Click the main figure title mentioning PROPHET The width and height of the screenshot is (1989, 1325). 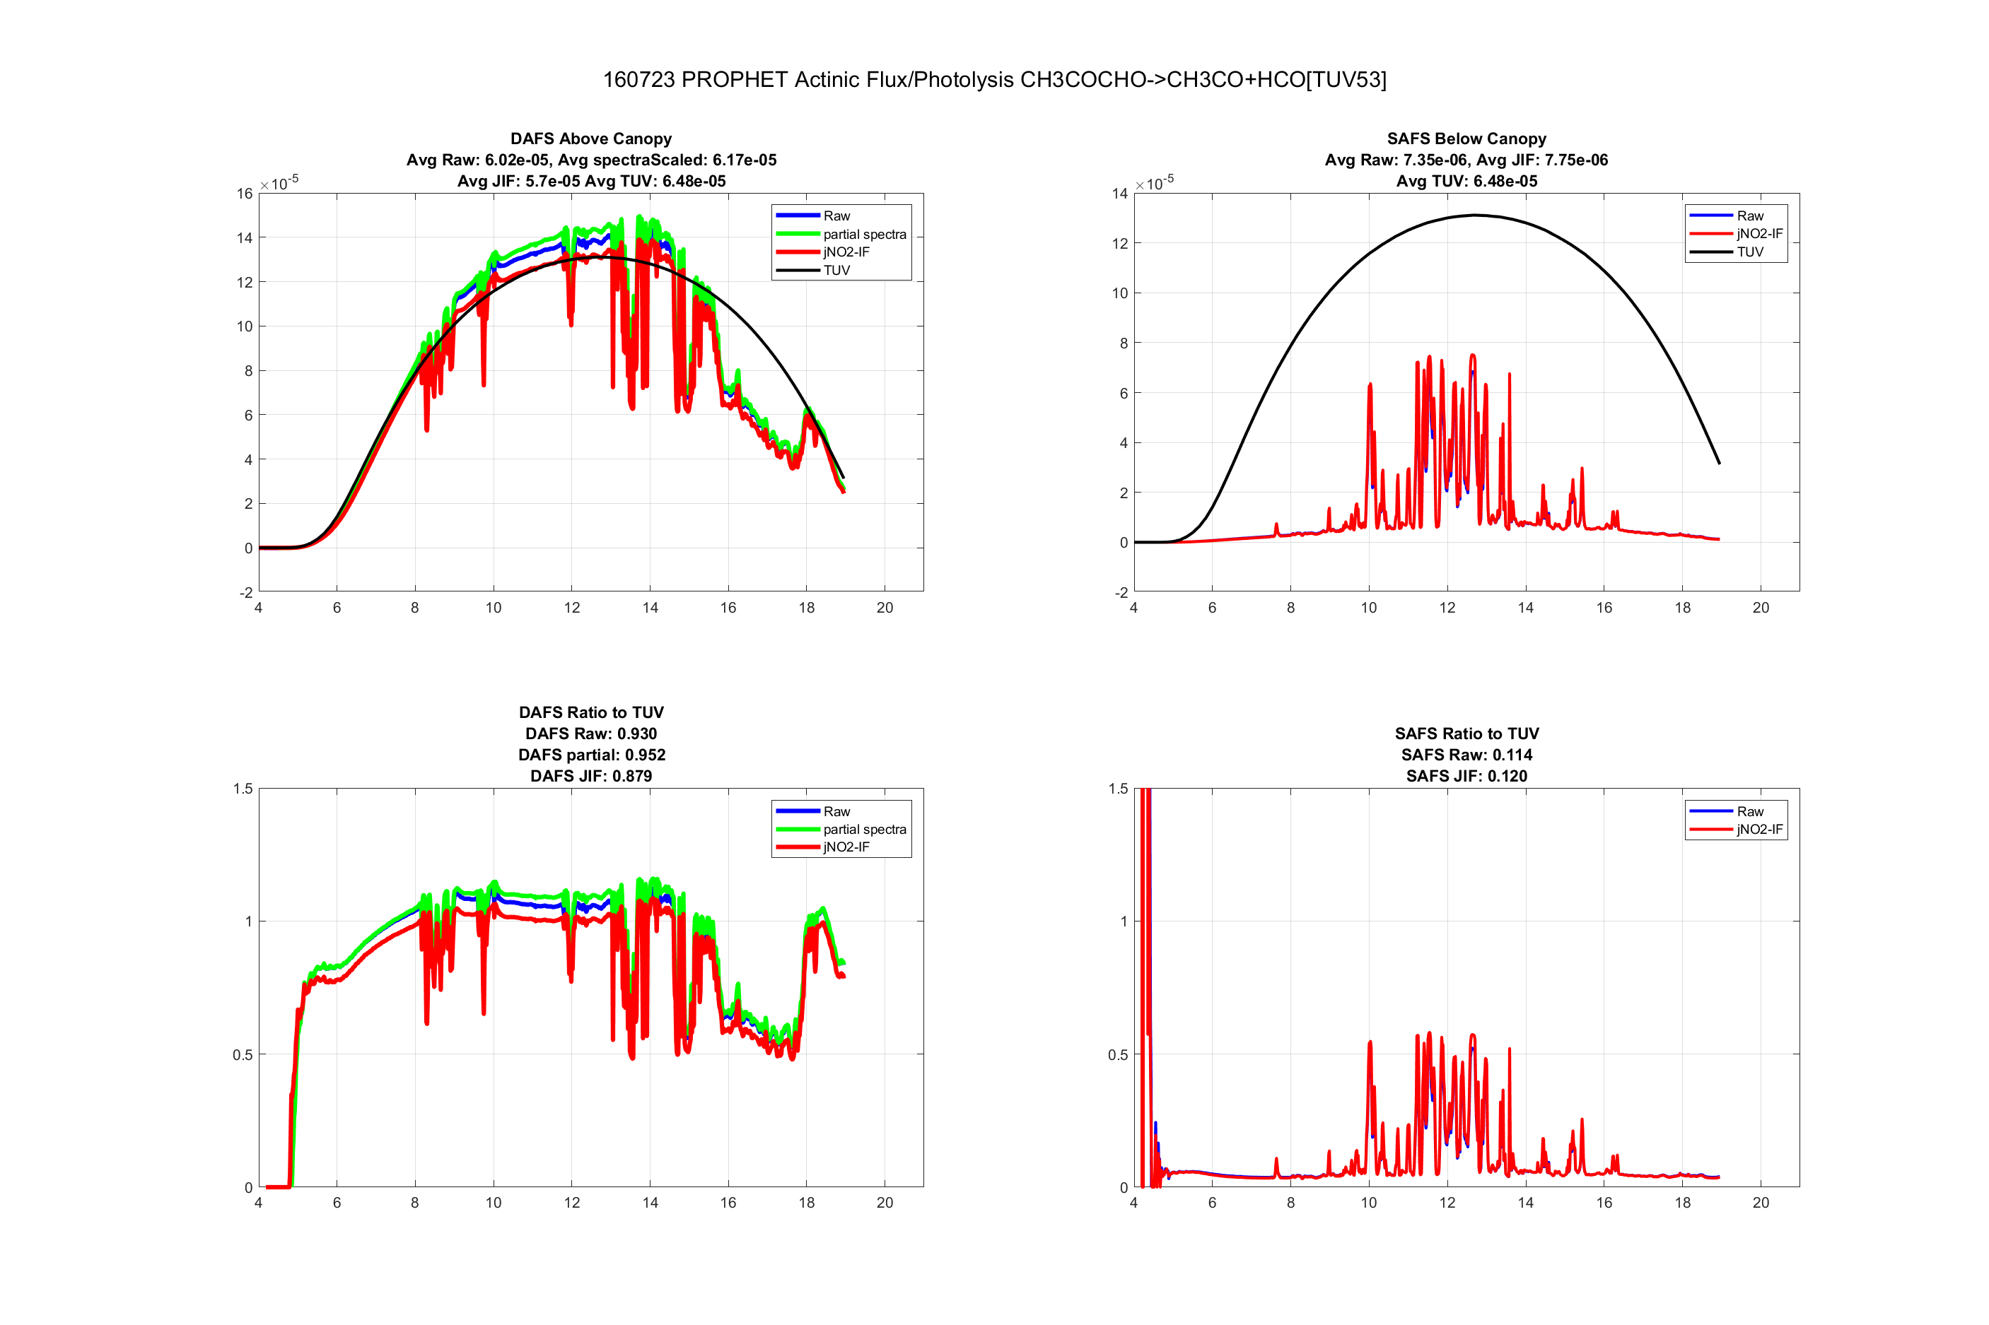[x=994, y=79]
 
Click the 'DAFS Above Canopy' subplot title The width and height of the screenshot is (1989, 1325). [x=591, y=139]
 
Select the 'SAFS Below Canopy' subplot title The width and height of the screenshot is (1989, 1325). [x=1466, y=139]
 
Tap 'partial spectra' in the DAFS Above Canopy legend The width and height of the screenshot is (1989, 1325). [x=864, y=234]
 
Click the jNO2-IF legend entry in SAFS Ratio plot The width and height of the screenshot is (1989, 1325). [x=1759, y=829]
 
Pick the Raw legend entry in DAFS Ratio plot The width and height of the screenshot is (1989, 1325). [x=836, y=811]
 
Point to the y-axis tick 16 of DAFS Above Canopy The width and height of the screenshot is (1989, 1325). [x=244, y=194]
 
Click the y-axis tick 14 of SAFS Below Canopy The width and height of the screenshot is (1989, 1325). [x=1119, y=194]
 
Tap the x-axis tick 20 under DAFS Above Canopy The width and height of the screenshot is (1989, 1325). [x=884, y=608]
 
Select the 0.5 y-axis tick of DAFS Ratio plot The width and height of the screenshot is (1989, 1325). [x=242, y=1054]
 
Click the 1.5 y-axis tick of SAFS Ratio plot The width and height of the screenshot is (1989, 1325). [x=1117, y=789]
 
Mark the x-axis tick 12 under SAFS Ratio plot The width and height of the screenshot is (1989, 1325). [x=1447, y=1203]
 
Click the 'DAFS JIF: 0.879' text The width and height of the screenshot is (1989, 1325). [x=591, y=776]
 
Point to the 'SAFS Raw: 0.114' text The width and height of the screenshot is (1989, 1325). [x=1466, y=755]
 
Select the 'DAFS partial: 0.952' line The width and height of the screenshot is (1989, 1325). [x=591, y=755]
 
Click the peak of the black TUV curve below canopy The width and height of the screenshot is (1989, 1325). [x=1474, y=216]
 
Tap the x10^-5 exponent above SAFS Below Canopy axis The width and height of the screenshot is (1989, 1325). [x=1155, y=182]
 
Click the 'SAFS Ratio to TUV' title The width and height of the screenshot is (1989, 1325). [x=1466, y=734]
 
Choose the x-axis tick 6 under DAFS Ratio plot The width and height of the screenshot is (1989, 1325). [x=337, y=1203]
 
